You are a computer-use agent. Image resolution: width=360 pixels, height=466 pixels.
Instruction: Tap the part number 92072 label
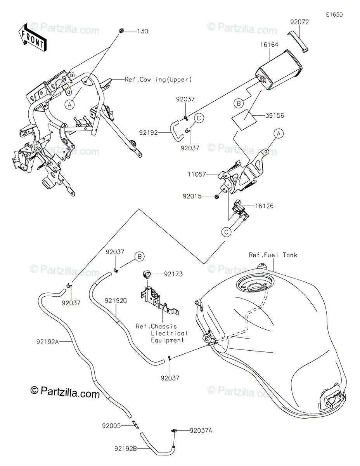click(x=299, y=23)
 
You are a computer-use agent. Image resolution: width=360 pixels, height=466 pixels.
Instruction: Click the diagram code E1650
click(x=334, y=15)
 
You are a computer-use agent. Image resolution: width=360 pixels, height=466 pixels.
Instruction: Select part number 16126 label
click(x=264, y=206)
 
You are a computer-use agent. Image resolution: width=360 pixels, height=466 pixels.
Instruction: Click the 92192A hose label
click(x=48, y=342)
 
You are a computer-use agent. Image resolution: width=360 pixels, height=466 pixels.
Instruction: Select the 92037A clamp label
click(x=201, y=430)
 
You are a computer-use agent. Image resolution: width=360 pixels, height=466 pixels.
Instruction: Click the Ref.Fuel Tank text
click(x=273, y=255)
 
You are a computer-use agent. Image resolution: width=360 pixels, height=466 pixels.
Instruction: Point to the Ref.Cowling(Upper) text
click(x=158, y=80)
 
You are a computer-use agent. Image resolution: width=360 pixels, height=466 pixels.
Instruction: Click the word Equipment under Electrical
click(x=168, y=340)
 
